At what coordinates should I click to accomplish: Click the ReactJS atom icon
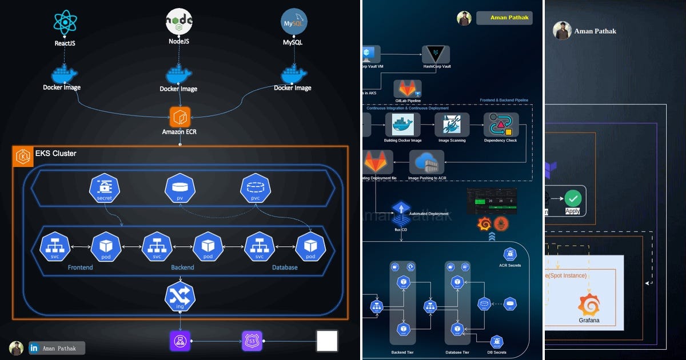coord(65,21)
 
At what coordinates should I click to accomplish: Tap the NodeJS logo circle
coord(180,21)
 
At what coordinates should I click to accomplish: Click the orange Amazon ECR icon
coord(180,116)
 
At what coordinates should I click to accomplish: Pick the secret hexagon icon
coord(105,188)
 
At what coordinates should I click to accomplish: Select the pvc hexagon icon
coord(256,188)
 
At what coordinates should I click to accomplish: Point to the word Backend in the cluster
coord(182,267)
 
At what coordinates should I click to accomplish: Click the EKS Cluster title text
coord(55,153)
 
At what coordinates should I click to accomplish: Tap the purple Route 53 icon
coord(252,341)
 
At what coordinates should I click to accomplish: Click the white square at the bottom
coord(327,341)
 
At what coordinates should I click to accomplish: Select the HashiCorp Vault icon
coord(436,55)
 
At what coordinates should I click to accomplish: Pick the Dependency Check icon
coord(501,124)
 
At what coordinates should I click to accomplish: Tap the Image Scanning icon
coord(452,124)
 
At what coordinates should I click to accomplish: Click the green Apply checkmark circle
coord(572,198)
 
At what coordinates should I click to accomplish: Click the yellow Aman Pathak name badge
coord(504,18)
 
